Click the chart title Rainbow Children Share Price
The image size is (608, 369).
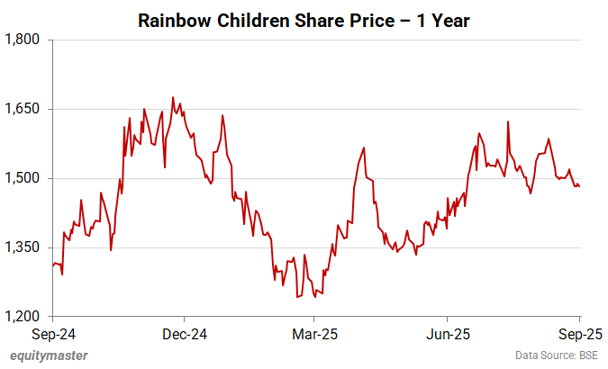pos(304,21)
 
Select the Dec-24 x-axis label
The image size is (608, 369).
pos(184,333)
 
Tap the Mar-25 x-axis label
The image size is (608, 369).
pos(313,333)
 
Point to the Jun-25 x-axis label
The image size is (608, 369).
pos(447,333)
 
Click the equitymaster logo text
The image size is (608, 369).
pos(50,355)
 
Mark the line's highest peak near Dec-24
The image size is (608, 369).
pos(173,97)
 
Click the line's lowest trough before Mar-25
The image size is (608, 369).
pos(296,297)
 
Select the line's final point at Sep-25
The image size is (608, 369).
pos(578,186)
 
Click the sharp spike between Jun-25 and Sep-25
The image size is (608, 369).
pos(509,121)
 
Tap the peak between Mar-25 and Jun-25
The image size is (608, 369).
pos(363,148)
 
